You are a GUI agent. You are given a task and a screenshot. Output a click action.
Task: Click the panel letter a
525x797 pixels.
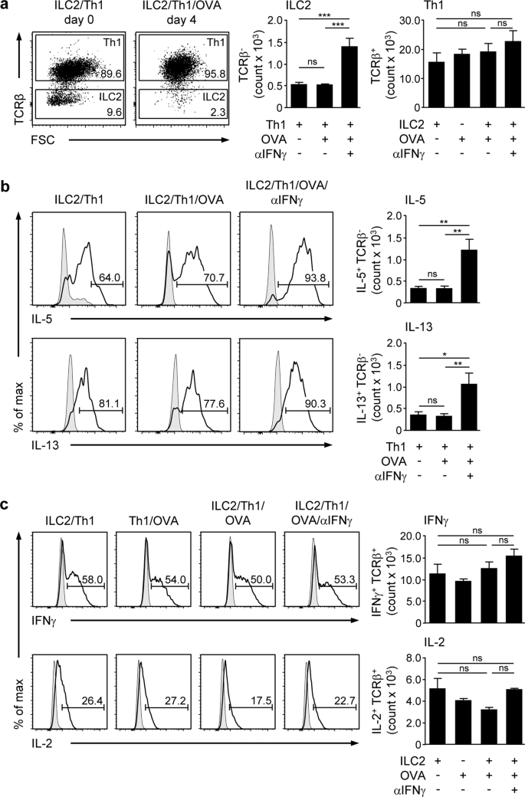(6, 7)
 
